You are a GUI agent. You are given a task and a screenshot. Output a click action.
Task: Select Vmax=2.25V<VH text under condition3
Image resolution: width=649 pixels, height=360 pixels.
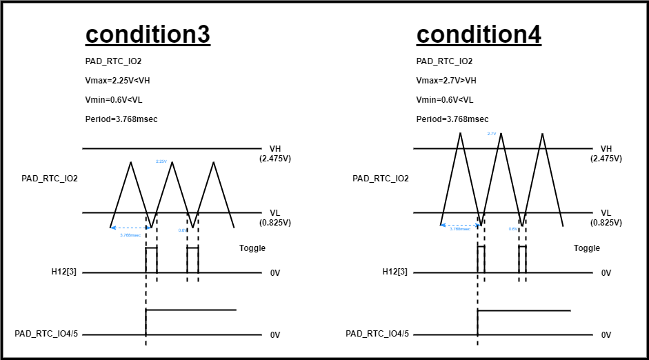117,81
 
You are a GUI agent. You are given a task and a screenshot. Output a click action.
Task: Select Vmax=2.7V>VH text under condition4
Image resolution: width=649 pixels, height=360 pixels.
446,81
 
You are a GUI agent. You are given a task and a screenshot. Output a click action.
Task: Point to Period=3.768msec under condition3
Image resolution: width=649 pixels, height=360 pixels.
121,119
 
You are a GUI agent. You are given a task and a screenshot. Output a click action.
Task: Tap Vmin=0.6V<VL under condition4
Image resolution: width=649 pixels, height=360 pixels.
445,100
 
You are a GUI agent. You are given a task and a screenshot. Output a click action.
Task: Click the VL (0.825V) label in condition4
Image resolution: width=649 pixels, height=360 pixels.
606,218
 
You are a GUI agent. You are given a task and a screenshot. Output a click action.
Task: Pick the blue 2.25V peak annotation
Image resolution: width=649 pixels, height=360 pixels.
161,161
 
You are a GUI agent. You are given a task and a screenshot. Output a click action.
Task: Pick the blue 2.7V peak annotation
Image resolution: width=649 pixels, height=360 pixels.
492,134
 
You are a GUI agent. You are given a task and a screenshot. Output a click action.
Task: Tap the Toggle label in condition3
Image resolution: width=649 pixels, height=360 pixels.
252,248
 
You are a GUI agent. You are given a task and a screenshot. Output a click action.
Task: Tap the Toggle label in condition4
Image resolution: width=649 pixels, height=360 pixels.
587,248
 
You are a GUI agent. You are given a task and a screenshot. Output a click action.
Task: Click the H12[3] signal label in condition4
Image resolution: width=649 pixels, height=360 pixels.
395,272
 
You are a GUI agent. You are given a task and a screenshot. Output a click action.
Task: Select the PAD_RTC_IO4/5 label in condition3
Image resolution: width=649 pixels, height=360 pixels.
46,334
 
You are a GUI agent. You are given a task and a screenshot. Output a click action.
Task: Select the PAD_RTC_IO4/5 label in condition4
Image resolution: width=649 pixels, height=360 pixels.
377,334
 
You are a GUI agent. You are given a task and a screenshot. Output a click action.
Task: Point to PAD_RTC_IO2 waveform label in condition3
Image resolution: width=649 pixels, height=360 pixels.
50,179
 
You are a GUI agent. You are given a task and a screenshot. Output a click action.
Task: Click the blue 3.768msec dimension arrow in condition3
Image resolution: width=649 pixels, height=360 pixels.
128,227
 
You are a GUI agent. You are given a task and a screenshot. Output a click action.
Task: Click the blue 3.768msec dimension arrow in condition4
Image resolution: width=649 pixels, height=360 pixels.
459,225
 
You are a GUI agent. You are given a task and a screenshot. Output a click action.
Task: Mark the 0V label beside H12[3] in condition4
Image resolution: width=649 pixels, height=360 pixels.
606,273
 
